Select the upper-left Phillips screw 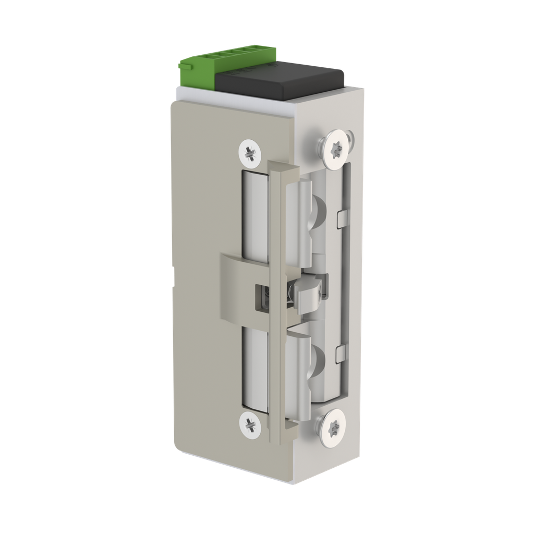249,152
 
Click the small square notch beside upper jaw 342,219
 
